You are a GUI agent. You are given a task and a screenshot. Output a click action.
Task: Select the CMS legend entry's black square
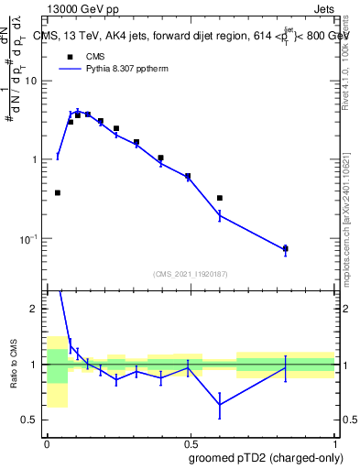click(67, 55)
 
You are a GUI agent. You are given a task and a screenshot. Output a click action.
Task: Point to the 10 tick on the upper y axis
click(34, 81)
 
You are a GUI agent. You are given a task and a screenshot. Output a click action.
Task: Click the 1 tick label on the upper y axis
click(38, 159)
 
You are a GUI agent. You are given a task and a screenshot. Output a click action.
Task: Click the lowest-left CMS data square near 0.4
click(58, 192)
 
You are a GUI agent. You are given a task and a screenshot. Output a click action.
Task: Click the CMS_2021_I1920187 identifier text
click(191, 273)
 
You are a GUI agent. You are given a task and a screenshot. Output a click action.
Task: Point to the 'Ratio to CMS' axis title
click(15, 364)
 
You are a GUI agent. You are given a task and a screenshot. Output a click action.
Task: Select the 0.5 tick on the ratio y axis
click(34, 420)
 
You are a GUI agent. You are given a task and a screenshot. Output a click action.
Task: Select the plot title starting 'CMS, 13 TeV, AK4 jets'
click(191, 36)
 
